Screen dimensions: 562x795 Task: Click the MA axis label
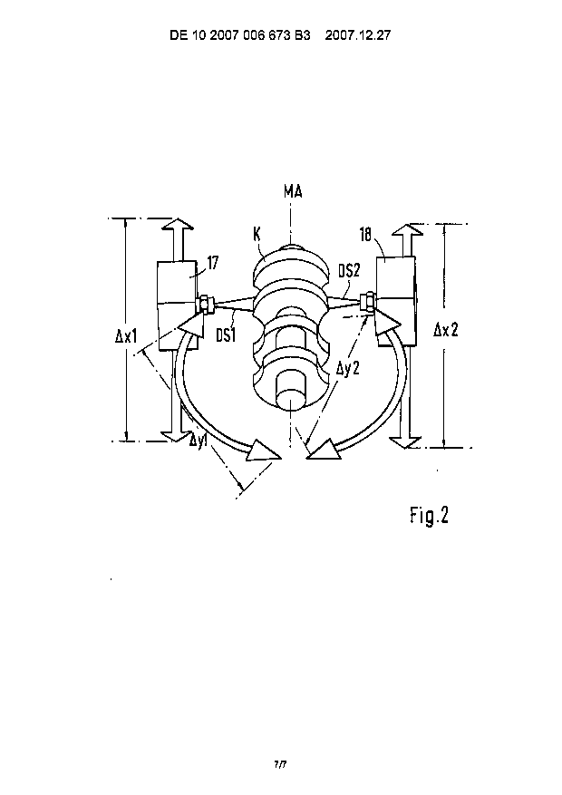tap(293, 192)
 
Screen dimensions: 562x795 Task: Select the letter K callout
tap(257, 234)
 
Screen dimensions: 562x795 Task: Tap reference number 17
tap(213, 263)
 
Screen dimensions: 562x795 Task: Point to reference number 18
tap(366, 235)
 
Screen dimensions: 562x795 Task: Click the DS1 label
tap(226, 334)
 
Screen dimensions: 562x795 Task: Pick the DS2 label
tap(349, 271)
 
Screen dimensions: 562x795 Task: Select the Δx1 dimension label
tap(127, 336)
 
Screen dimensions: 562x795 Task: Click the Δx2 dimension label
tap(446, 331)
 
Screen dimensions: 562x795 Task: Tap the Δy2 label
tap(348, 367)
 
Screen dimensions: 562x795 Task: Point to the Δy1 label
tap(199, 439)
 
